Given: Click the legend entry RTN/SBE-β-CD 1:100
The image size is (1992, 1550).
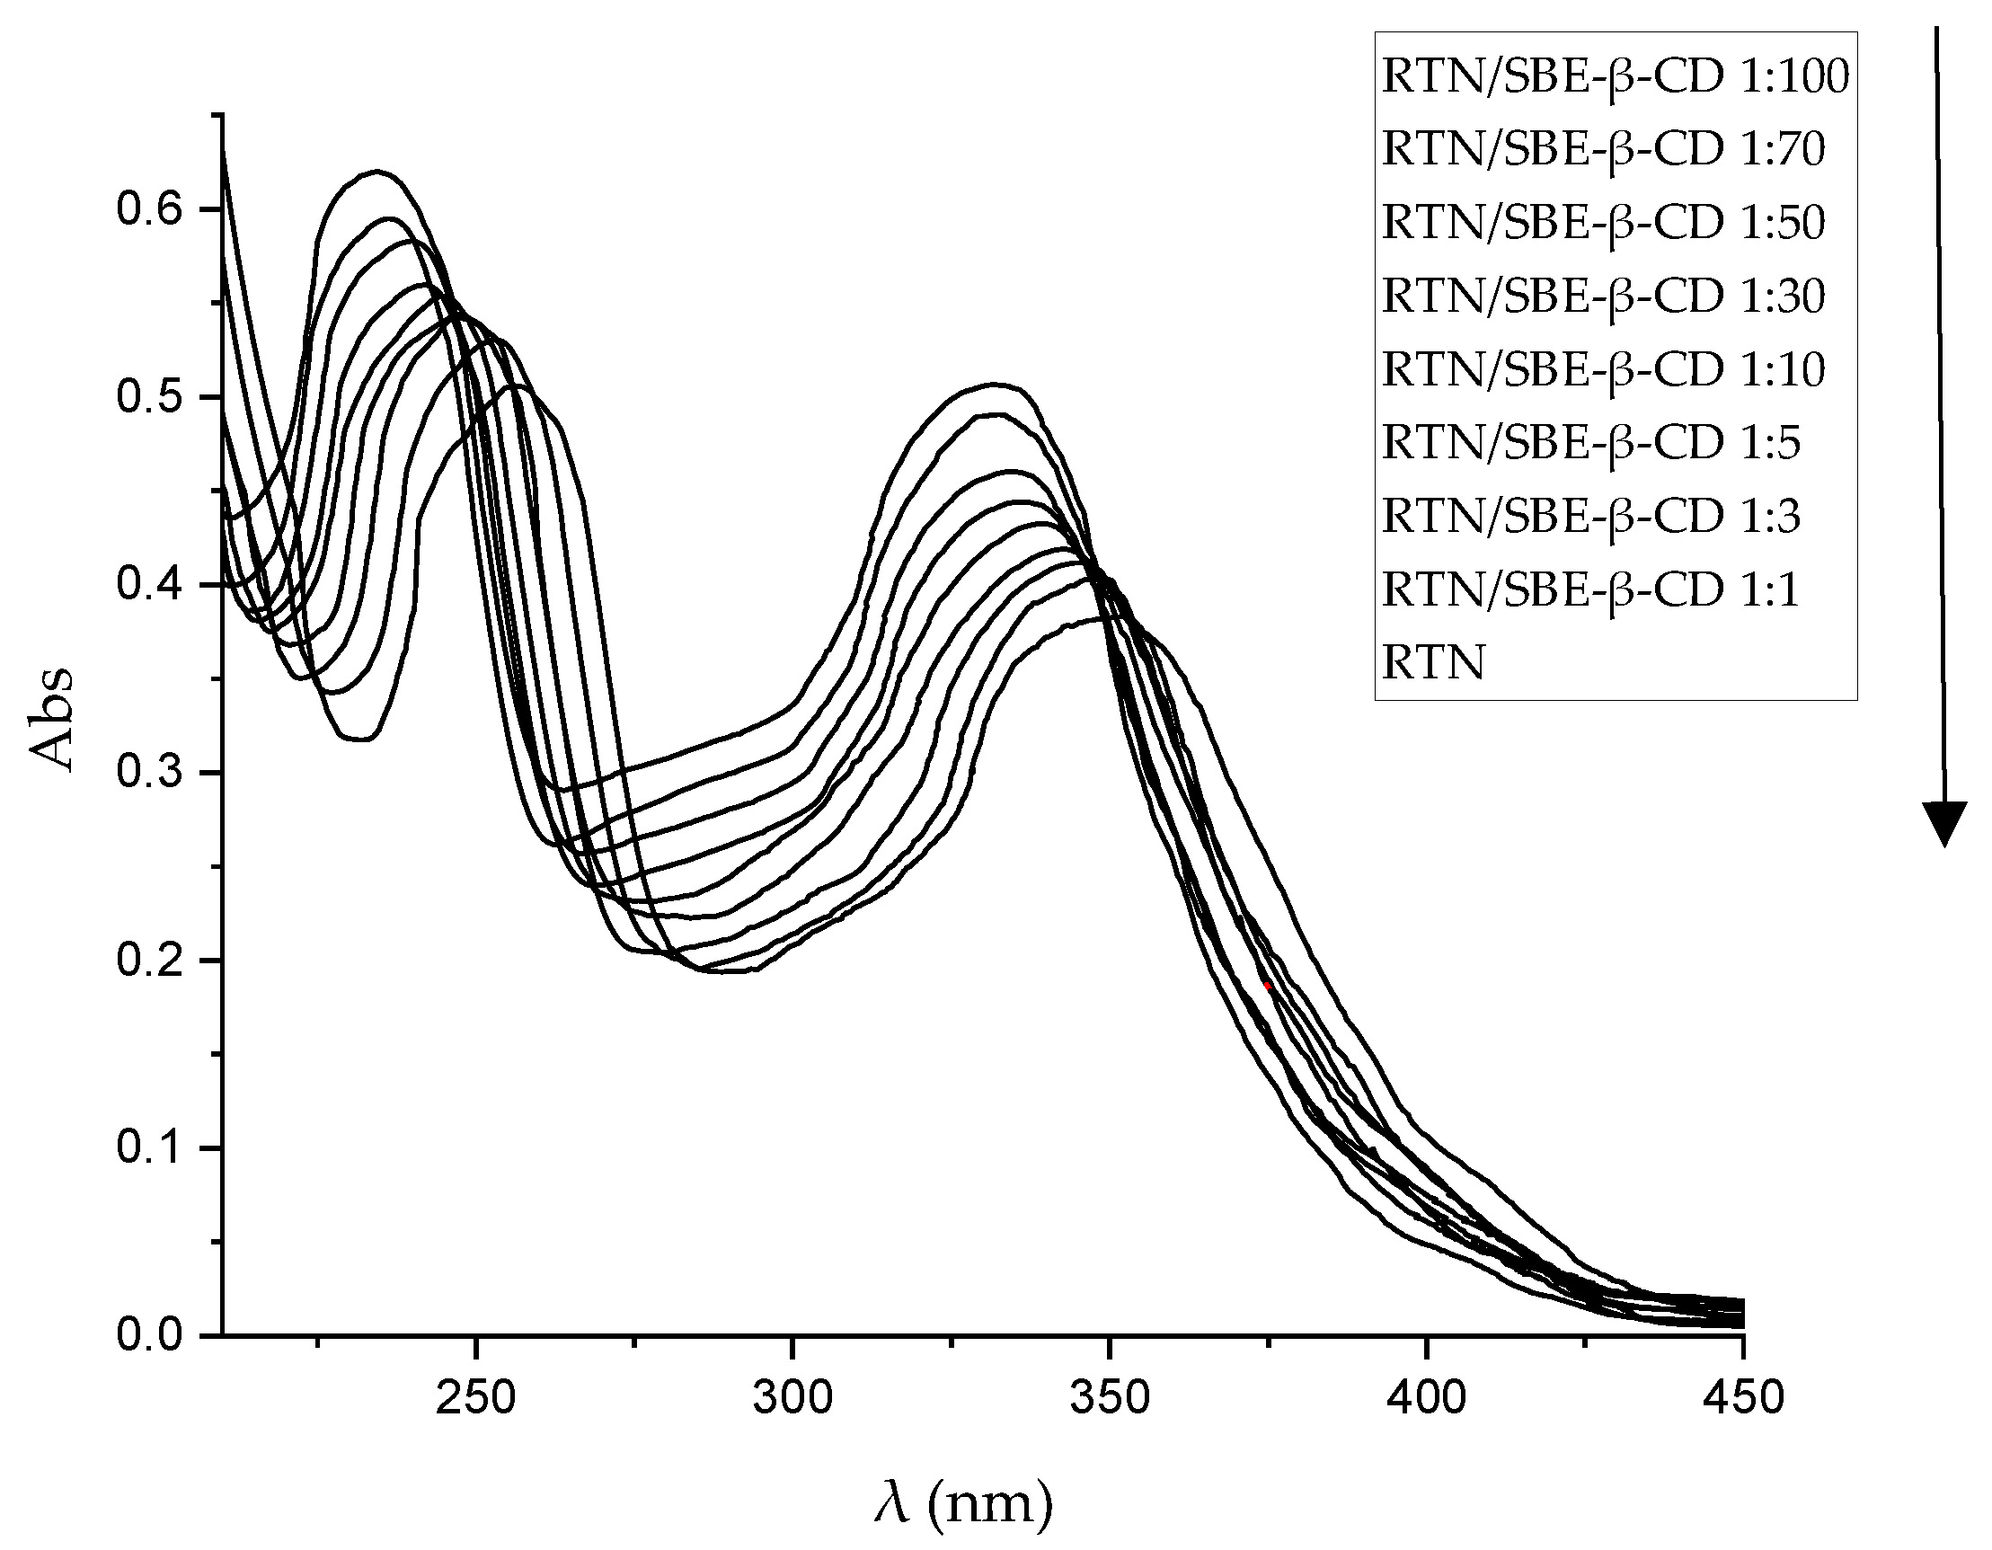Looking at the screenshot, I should coord(1615,76).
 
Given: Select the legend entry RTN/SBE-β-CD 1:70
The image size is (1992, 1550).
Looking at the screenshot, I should coord(1603,150).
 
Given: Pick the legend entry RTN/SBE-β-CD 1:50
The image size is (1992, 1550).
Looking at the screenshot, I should coord(1603,224).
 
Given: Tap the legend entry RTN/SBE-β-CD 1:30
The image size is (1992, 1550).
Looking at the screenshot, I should coord(1603,297).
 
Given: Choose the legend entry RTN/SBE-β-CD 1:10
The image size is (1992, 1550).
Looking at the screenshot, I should coord(1603,370).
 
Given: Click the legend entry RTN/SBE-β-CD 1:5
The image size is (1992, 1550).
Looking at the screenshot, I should coord(1590,443).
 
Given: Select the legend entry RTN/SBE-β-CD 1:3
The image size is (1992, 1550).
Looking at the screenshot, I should coord(1590,518).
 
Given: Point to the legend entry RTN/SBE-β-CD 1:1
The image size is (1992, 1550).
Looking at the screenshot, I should coord(1590,590).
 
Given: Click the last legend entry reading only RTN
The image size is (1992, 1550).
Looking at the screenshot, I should coord(1433,663).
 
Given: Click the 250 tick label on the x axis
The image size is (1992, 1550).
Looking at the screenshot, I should coord(475,1398).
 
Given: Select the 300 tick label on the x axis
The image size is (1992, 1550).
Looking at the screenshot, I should coord(792,1398).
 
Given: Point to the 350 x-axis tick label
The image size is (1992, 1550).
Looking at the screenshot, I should coord(1108,1398).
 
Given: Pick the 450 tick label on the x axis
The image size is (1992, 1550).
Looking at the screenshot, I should coord(1742,1398).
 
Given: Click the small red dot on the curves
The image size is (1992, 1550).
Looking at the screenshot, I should coord(1268,987).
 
